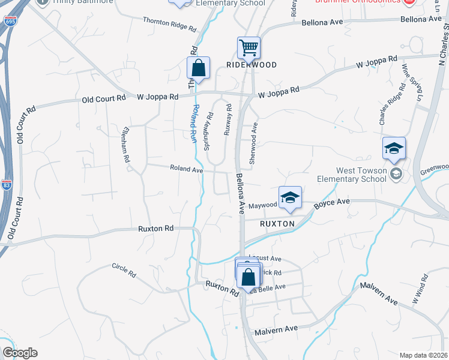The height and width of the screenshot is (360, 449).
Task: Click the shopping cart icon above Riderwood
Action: (x=248, y=47)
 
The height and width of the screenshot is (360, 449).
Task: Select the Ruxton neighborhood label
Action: (x=277, y=223)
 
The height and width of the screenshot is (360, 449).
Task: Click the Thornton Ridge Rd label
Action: (x=169, y=23)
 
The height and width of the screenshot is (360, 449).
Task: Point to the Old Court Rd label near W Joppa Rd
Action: (x=104, y=98)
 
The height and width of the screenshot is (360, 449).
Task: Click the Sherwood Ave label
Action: (x=254, y=143)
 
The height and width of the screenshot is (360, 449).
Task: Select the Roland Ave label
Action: (x=186, y=169)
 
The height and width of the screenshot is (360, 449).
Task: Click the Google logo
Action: (x=20, y=353)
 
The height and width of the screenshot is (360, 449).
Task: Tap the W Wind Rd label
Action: (x=420, y=287)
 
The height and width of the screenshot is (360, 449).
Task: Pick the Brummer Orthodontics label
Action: (x=358, y=1)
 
